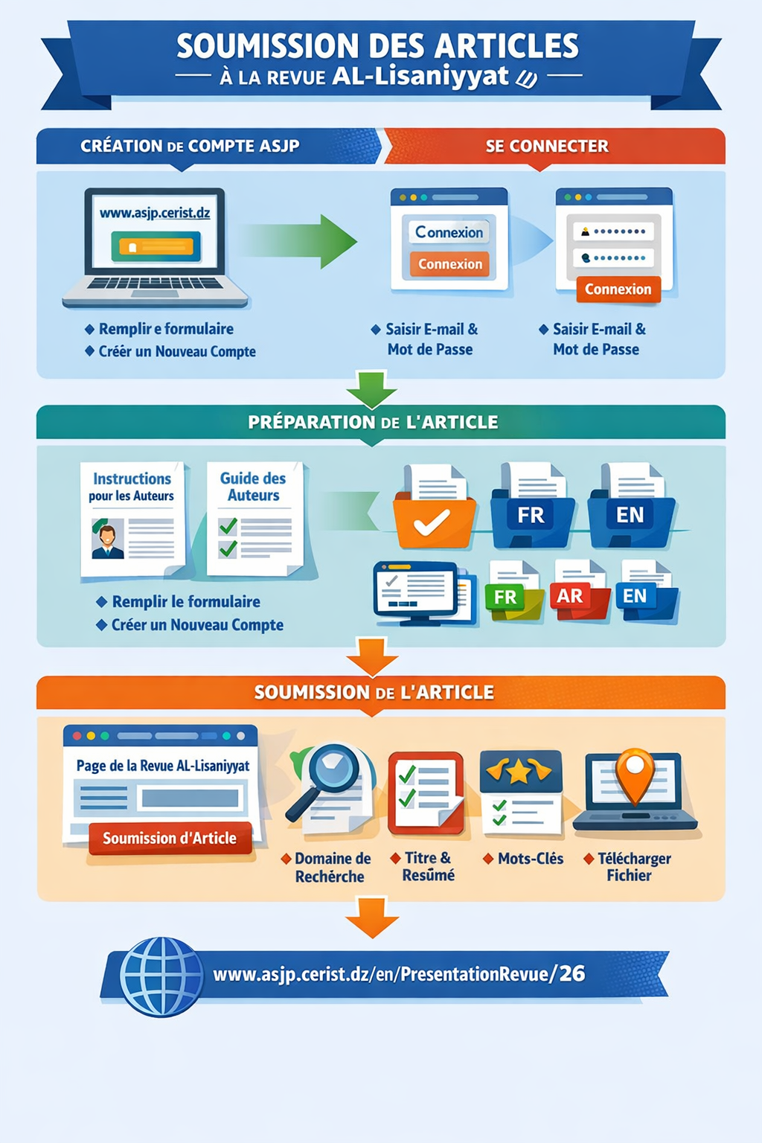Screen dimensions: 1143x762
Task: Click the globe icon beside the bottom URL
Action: point(161,976)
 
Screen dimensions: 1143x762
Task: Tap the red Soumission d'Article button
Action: point(170,838)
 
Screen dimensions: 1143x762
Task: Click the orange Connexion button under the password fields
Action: point(618,289)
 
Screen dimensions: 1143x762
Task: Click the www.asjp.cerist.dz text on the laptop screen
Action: point(155,213)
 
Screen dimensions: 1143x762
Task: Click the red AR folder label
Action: point(570,596)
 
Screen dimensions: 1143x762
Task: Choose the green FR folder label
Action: point(505,597)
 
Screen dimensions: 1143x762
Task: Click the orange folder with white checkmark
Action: point(433,521)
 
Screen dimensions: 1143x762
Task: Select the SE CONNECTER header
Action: point(547,146)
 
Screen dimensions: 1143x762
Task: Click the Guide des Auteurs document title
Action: point(253,487)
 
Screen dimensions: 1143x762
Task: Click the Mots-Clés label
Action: point(530,859)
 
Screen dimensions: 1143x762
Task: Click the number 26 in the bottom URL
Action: point(572,973)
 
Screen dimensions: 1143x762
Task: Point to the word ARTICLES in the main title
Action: point(507,46)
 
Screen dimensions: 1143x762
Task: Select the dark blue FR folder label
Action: point(531,515)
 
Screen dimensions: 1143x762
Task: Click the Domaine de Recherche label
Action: point(331,868)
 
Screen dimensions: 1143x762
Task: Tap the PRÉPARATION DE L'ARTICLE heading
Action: point(373,422)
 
